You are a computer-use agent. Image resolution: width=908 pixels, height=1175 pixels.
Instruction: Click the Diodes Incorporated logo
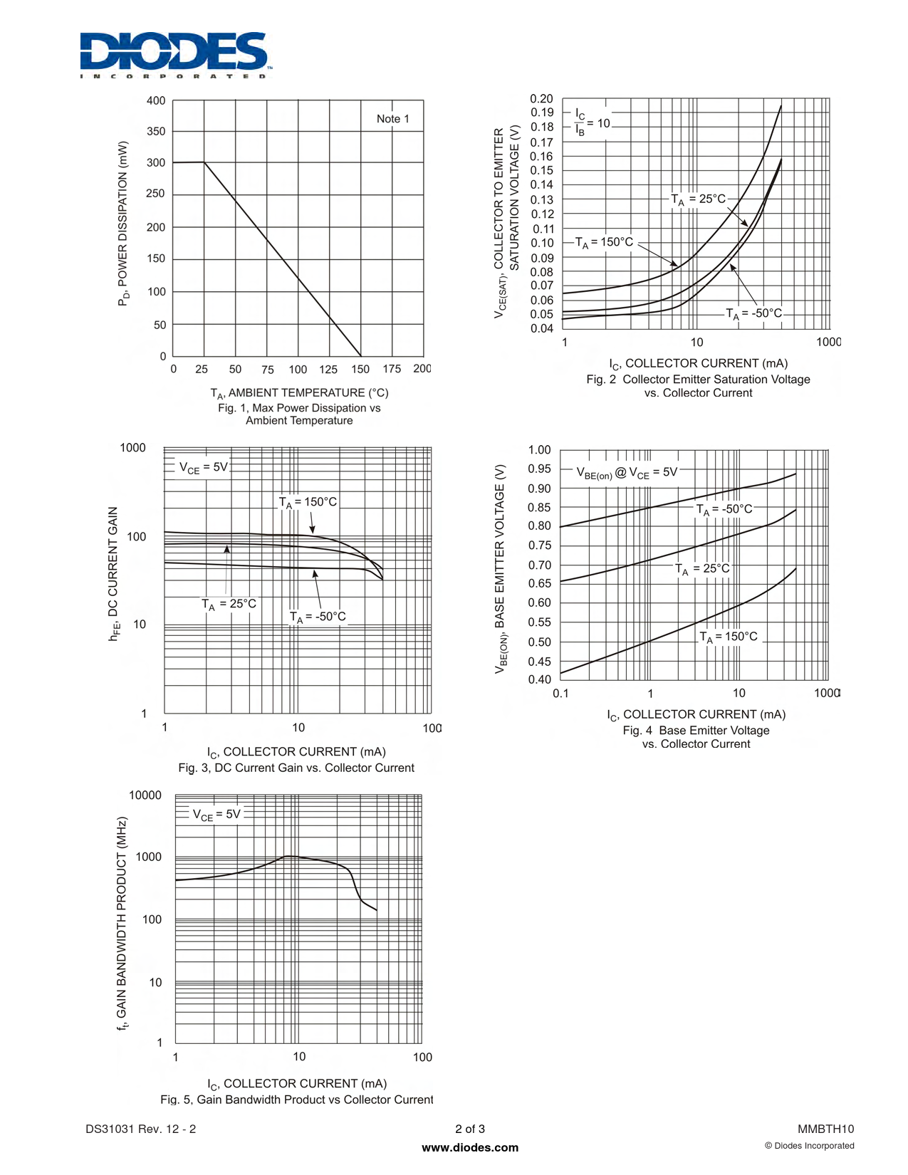pos(174,55)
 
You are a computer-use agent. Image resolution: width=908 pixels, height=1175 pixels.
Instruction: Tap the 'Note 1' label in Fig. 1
pos(392,119)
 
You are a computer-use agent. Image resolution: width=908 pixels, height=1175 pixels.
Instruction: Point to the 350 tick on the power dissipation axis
pos(156,132)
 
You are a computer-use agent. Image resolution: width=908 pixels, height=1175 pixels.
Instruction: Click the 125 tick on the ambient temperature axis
pos(328,369)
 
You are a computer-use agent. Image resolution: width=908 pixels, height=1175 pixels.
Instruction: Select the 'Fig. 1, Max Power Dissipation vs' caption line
pos(299,408)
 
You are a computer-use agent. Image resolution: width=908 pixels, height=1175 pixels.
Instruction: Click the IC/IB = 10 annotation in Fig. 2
pos(593,123)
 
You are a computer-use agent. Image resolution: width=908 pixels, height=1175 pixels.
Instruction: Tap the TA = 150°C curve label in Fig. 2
pos(604,242)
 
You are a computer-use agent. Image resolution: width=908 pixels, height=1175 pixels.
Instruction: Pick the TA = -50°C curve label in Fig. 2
pos(753,313)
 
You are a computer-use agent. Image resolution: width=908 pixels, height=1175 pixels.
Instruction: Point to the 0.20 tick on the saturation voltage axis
pos(541,99)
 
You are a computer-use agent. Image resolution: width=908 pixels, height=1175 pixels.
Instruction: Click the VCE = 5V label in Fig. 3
pos(203,468)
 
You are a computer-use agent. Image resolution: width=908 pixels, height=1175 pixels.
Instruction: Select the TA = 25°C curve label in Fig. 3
pos(229,605)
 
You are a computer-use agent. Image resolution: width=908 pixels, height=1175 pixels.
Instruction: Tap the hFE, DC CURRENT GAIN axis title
pos(113,573)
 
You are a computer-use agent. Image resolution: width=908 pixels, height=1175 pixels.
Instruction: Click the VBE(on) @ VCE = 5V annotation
pos(627,473)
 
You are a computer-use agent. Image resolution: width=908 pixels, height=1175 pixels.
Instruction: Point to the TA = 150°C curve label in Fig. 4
pos(729,637)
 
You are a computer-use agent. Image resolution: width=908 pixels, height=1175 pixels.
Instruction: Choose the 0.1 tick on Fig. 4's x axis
pos(560,693)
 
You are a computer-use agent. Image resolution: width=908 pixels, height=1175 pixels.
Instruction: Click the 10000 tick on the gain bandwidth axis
pos(145,795)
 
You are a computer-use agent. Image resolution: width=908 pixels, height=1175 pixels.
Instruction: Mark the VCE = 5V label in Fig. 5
pos(216,815)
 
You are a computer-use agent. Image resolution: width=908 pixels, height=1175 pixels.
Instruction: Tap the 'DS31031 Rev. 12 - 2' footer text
pos(140,1129)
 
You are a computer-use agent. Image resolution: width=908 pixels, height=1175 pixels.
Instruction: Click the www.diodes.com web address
pos(470,1147)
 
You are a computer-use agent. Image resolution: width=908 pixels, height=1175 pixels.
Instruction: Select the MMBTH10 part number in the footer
pos(825,1129)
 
